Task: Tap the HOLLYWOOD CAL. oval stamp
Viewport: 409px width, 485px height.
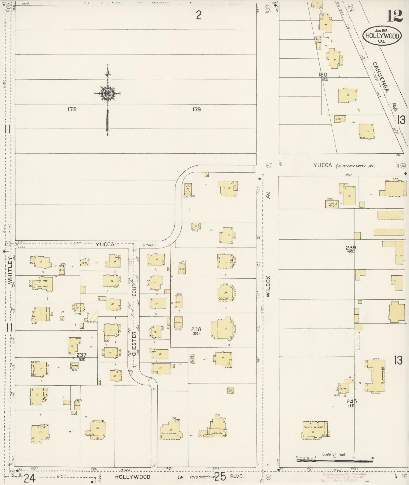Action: (x=382, y=36)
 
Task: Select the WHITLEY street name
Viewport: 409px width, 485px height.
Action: (x=10, y=271)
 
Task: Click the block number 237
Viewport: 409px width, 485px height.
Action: (x=82, y=355)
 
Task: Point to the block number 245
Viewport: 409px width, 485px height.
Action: (x=352, y=401)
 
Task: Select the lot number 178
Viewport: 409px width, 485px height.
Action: (x=72, y=109)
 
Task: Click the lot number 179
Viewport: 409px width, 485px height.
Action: (x=197, y=109)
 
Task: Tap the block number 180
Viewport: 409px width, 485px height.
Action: (x=323, y=75)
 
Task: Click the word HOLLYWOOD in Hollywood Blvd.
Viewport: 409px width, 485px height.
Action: (x=132, y=477)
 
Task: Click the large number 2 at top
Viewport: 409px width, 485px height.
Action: (x=199, y=16)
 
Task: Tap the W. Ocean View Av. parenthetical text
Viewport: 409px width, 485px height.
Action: (x=355, y=166)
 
